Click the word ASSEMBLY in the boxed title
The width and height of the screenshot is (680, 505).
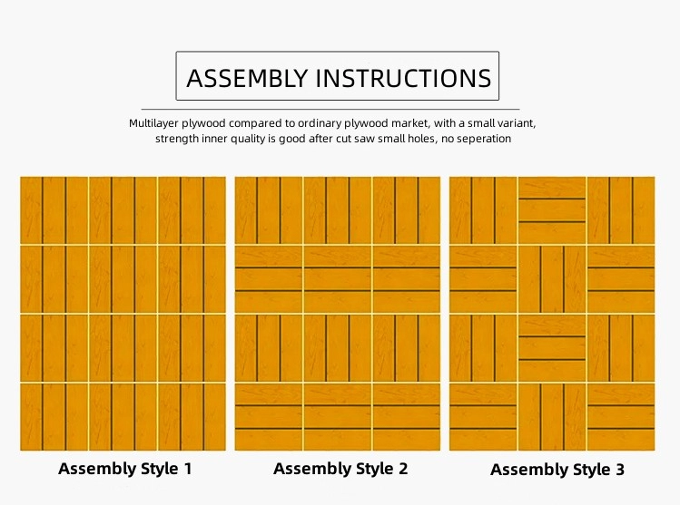(x=247, y=78)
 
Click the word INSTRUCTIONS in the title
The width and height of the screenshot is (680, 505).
(x=404, y=78)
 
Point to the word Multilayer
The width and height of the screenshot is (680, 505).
(x=154, y=123)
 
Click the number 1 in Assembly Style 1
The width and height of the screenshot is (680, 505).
(x=188, y=469)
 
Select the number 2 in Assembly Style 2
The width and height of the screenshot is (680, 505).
(x=403, y=469)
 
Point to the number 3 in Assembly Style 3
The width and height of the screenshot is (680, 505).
(x=620, y=470)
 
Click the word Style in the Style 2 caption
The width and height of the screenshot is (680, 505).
(x=375, y=469)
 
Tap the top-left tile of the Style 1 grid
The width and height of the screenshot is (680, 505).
(x=54, y=210)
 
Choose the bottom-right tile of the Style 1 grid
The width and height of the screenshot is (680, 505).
(x=192, y=417)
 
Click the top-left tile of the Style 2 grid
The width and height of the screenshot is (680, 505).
(x=269, y=210)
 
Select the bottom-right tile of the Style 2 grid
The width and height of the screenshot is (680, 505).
(x=407, y=417)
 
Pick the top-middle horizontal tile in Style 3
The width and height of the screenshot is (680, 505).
(x=552, y=210)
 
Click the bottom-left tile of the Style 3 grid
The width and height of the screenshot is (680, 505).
(x=483, y=417)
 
